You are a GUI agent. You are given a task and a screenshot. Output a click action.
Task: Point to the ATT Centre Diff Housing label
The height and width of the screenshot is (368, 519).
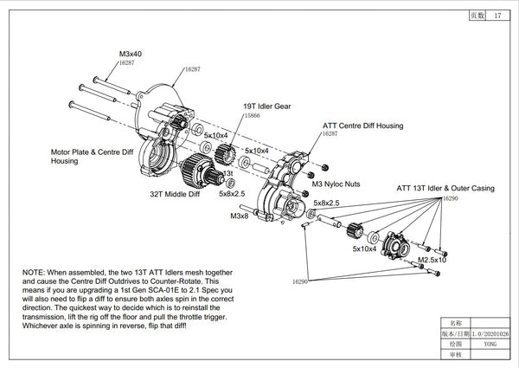click(x=362, y=126)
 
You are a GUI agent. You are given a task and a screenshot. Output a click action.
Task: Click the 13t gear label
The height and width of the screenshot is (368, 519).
click(x=228, y=174)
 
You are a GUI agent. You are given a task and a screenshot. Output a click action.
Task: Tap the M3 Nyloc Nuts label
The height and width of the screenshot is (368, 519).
click(x=336, y=184)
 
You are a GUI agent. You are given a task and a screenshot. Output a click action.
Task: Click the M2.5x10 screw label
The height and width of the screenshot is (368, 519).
click(x=432, y=260)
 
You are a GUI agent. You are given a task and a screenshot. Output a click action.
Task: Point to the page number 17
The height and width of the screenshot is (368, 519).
click(x=497, y=16)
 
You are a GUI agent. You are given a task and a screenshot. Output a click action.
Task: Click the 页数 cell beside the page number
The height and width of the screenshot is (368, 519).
click(x=477, y=16)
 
